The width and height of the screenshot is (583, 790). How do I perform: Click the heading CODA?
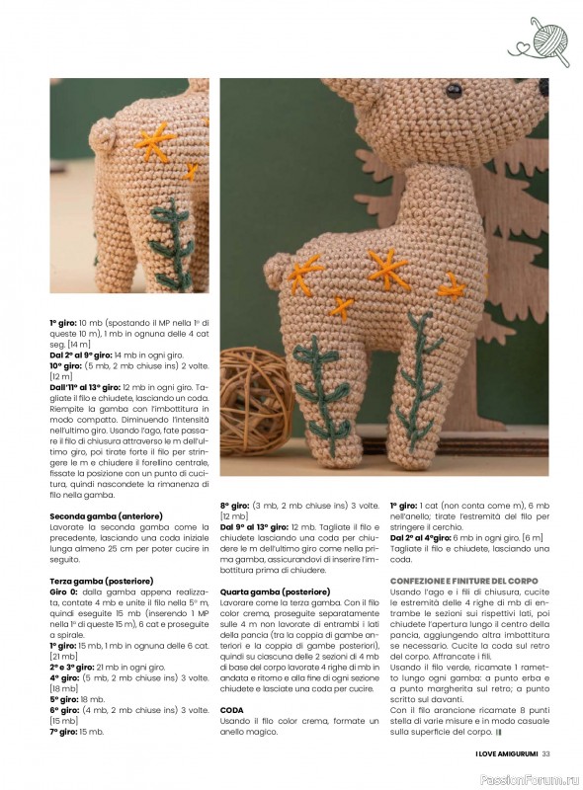click(x=231, y=681)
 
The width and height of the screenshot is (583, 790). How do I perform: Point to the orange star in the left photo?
click(x=155, y=140)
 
